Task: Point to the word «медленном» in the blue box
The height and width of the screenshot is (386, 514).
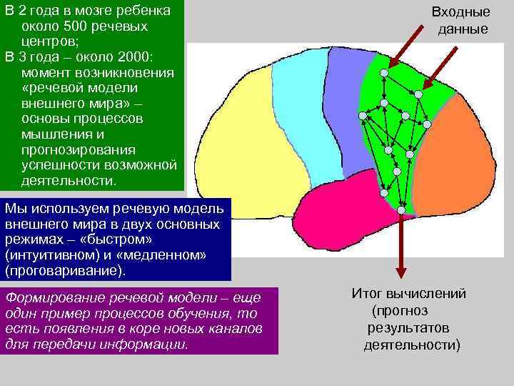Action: [168, 255]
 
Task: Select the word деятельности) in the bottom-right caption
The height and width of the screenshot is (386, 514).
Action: [411, 345]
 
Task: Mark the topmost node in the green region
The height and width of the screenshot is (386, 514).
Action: [384, 73]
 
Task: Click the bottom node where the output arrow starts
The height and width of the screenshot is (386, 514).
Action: [401, 210]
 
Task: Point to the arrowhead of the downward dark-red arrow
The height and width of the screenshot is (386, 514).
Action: [401, 274]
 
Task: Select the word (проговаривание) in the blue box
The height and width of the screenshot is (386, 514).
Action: [64, 271]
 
